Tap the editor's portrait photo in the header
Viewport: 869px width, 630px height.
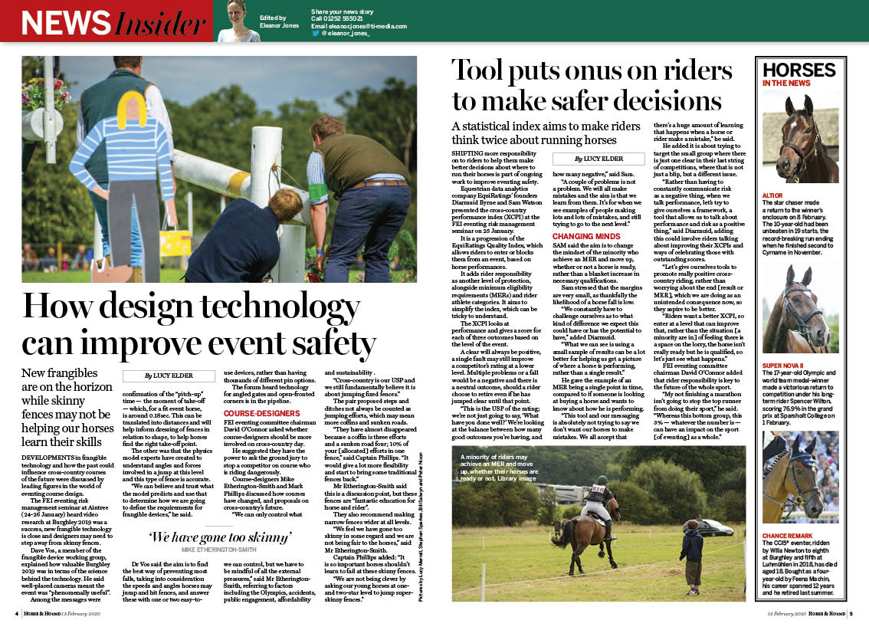click(x=240, y=21)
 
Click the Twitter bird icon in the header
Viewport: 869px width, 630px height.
click(x=315, y=34)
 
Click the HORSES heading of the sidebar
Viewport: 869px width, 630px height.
click(x=798, y=71)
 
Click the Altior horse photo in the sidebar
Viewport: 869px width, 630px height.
click(x=800, y=138)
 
